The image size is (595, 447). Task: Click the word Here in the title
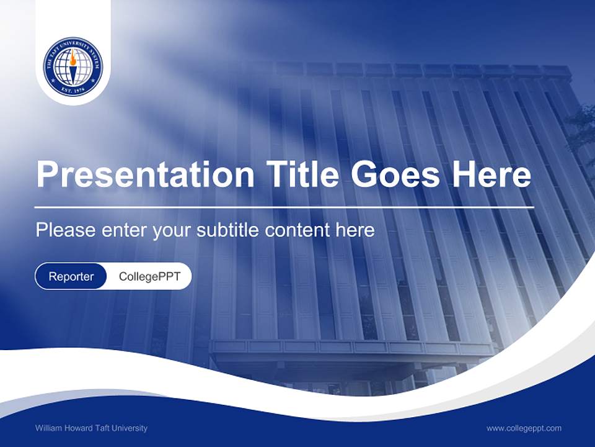click(491, 176)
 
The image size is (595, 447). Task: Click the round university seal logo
click(73, 66)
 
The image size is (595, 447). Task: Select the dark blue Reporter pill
click(71, 276)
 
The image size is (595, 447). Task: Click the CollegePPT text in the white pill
click(149, 276)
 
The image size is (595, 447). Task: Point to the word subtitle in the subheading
click(229, 230)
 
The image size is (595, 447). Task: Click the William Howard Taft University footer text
click(91, 428)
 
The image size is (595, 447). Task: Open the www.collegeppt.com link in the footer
click(524, 428)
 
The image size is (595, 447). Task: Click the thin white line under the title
click(284, 207)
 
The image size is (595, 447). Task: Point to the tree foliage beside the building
click(581, 130)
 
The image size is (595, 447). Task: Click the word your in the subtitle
click(173, 230)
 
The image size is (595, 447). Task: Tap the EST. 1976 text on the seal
click(73, 91)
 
